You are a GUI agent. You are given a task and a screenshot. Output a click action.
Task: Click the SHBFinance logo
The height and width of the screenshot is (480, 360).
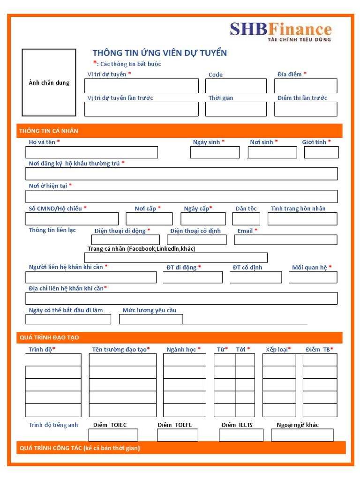coord(280,31)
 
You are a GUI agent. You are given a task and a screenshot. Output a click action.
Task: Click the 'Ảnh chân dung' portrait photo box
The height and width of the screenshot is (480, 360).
coord(49,82)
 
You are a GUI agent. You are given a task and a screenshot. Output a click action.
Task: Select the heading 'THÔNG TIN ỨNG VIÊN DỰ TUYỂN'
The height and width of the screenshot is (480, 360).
coord(159,52)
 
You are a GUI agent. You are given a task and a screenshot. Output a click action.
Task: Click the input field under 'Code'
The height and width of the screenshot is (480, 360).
coord(236,86)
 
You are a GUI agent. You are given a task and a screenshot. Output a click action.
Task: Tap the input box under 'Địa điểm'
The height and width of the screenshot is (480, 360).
coord(306,86)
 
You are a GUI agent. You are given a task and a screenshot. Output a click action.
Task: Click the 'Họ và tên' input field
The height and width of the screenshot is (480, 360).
coord(91,152)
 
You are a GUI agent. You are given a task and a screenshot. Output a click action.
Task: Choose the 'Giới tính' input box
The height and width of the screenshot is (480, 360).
coord(321,152)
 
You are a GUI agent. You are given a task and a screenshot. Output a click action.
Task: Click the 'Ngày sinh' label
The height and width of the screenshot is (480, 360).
coord(209,142)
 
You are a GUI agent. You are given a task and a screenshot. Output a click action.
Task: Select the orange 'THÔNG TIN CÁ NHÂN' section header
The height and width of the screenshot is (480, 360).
coord(180,131)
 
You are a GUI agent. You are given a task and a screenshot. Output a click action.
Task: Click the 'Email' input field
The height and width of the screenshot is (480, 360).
coord(285,240)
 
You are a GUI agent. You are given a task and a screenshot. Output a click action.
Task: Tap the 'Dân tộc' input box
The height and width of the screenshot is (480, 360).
coord(246,219)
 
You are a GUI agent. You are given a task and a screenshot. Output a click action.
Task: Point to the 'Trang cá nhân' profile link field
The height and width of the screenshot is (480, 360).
coord(176,257)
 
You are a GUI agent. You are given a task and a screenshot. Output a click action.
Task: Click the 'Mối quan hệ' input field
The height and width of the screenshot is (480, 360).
coord(313,277)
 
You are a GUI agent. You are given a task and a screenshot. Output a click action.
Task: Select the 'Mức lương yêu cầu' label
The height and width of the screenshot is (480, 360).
coord(149,310)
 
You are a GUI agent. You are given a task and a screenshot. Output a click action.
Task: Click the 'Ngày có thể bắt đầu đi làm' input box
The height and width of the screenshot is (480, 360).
coord(68,319)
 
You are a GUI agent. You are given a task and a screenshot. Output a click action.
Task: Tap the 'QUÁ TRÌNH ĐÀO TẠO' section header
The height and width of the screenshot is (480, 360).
coord(180,337)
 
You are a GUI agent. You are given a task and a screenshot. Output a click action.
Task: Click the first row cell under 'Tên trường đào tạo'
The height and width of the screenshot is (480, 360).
coord(122,360)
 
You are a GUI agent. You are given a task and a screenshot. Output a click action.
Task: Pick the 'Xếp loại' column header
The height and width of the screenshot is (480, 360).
coord(278,349)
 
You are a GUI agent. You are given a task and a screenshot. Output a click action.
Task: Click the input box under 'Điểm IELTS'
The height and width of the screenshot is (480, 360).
coord(241,435)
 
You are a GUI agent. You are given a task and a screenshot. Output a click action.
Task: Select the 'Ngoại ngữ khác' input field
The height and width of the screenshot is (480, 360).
coord(302,435)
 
